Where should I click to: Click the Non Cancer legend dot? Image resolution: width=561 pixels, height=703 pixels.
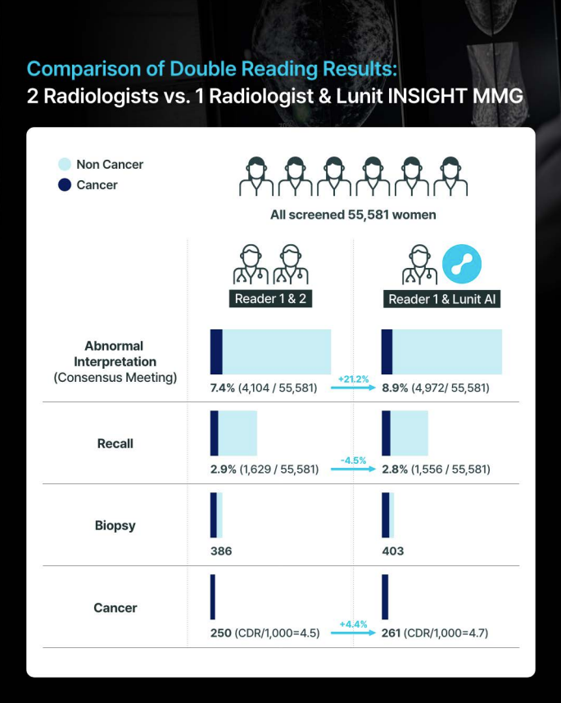65,165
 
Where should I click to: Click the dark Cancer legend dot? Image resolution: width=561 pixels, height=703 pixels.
65,185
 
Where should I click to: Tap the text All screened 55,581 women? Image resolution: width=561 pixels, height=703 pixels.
353,215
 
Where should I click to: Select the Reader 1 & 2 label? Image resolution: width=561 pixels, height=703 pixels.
270,299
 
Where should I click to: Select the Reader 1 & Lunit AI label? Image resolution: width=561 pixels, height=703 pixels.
442,299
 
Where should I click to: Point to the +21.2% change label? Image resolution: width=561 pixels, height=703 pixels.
353,379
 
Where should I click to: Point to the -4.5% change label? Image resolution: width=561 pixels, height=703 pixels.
353,460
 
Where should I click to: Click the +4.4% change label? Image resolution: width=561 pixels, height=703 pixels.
353,624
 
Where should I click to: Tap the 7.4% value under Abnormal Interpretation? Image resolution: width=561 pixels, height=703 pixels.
223,388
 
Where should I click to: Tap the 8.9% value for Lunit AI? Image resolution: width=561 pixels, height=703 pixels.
395,388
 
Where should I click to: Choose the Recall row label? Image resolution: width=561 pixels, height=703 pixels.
115,444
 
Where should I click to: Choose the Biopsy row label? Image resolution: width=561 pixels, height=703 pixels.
115,526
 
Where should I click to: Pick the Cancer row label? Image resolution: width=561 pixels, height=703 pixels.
115,608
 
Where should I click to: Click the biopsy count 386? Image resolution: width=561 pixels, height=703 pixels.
221,551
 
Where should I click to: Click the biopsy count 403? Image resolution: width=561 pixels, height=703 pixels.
393,551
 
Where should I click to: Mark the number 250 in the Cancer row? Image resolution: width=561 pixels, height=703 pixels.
221,633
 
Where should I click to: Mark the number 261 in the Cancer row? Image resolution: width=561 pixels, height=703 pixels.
393,633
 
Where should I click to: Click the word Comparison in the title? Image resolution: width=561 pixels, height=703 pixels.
79,68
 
